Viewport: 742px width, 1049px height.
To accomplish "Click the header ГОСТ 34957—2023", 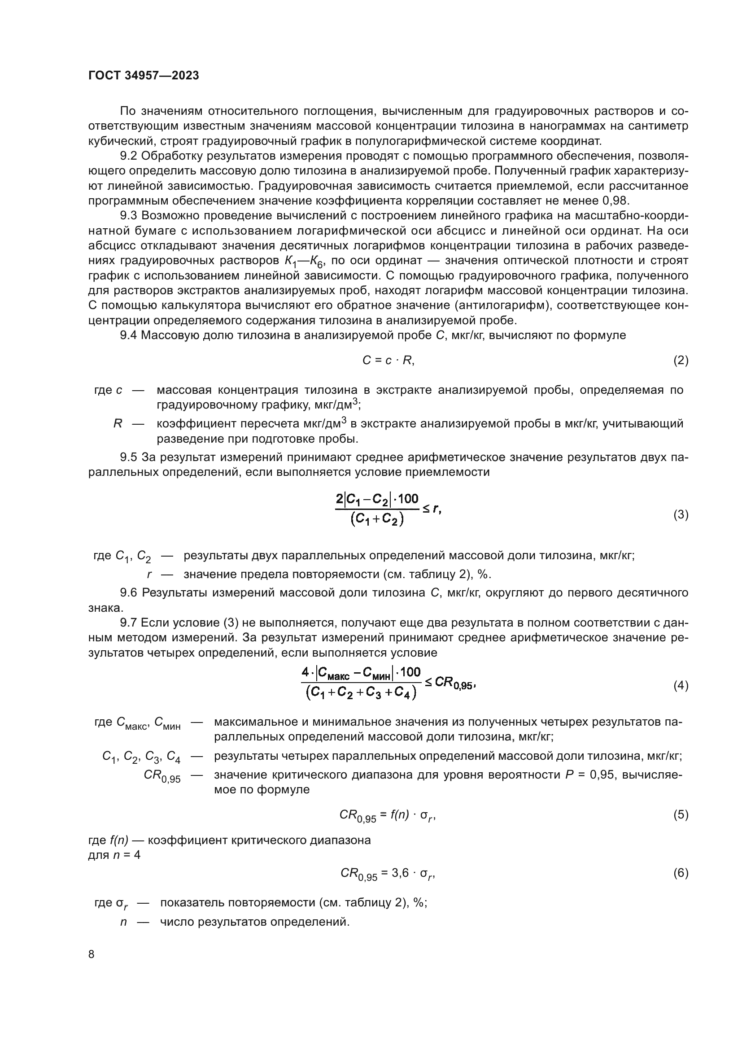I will pyautogui.click(x=144, y=76).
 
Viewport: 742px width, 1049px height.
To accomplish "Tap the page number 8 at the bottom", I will pyautogui.click(x=92, y=954).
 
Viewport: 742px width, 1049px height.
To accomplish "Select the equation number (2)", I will pyautogui.click(x=681, y=361).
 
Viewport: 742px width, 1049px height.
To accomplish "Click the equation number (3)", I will pyautogui.click(x=681, y=515).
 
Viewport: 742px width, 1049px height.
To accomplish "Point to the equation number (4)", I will pyautogui.click(x=681, y=685).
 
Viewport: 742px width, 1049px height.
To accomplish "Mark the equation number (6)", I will pyautogui.click(x=681, y=873).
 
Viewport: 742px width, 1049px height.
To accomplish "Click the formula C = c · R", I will pyautogui.click(x=388, y=361).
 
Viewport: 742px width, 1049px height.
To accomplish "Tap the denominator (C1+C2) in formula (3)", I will pyautogui.click(x=377, y=520).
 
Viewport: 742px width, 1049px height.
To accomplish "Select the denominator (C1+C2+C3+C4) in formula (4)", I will pyautogui.click(x=361, y=692).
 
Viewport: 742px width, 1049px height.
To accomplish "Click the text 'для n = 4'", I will pyautogui.click(x=114, y=854).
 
